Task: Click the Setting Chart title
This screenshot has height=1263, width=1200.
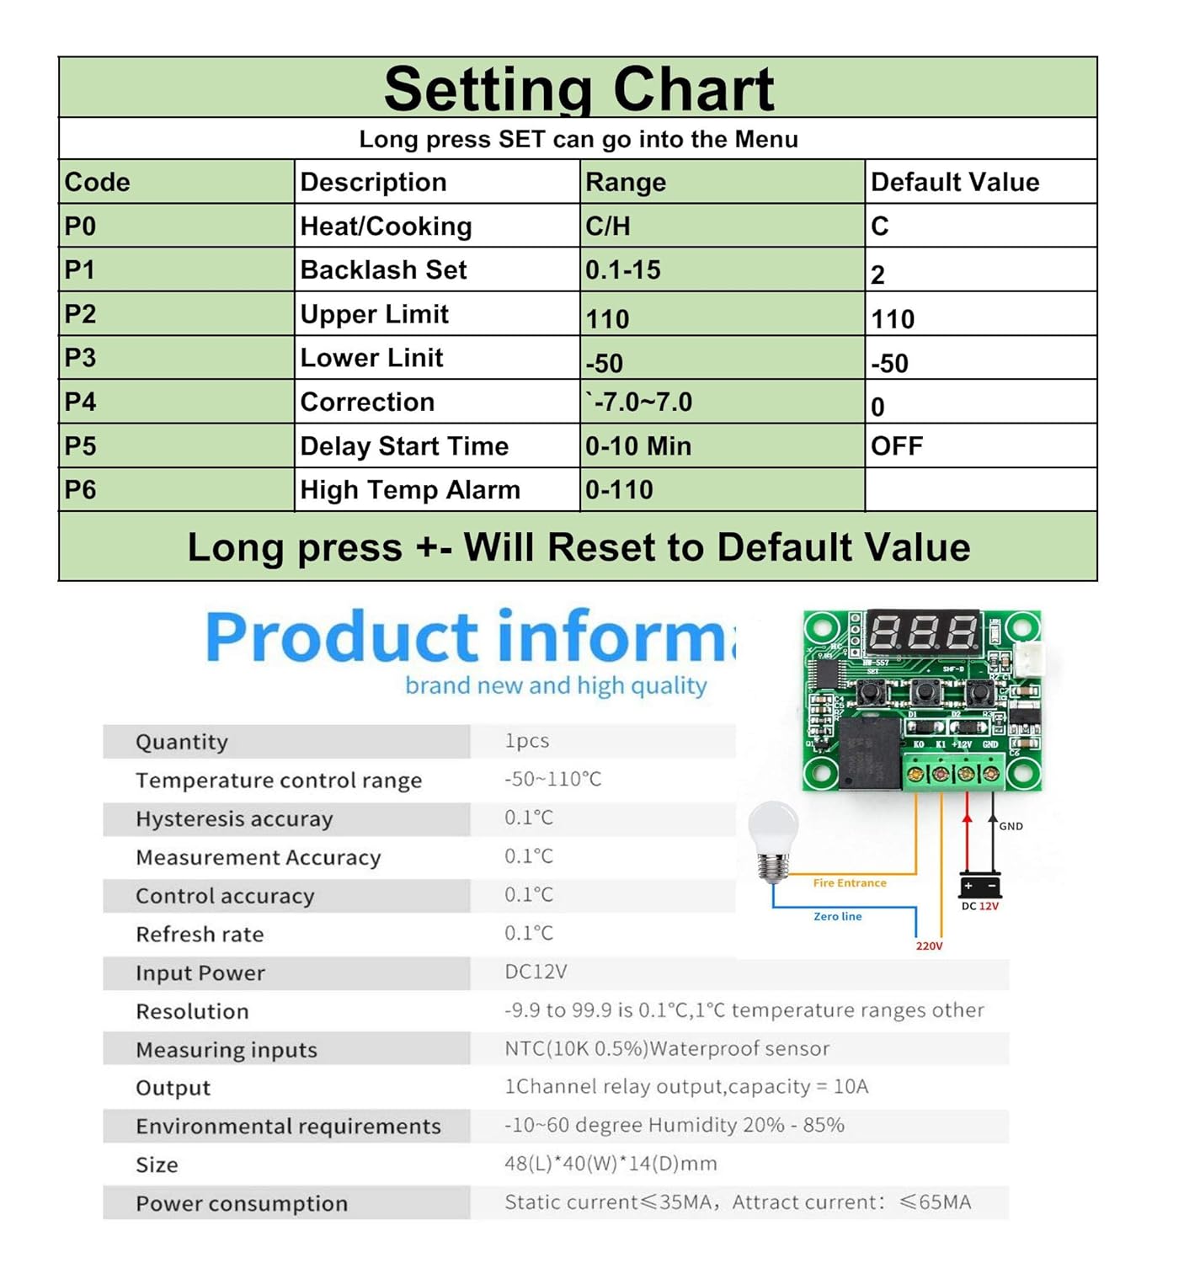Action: pos(579,88)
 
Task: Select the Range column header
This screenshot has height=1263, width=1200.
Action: pos(626,182)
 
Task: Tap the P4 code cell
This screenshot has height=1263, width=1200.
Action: pos(81,402)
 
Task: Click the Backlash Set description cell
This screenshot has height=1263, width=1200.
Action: pos(383,270)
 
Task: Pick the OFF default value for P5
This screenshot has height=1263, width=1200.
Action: pos(897,446)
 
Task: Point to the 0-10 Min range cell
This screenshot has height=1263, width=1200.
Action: pos(638,446)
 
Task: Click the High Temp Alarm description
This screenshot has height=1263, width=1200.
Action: pos(410,490)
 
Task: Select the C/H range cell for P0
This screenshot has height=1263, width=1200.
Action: pos(608,226)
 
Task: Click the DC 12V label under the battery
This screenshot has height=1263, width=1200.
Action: pos(980,906)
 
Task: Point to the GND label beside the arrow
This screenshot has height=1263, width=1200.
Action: pos(1011,826)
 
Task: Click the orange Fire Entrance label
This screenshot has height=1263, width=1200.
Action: pos(850,883)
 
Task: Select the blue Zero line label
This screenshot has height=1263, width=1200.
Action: pos(838,916)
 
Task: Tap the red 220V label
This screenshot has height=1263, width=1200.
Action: pos(930,946)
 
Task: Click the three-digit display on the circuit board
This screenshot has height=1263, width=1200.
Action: pos(923,631)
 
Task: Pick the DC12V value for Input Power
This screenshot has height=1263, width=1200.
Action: pos(536,972)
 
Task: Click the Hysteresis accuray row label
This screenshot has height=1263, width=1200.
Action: pos(234,818)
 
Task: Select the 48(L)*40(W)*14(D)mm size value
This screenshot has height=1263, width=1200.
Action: pos(611,1164)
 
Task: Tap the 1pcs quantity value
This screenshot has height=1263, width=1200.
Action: pos(527,741)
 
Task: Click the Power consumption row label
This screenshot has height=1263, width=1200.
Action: pos(242,1203)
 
